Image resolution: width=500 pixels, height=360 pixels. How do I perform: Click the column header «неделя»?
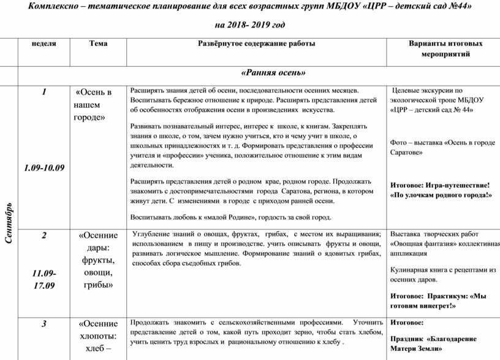[x=44, y=44]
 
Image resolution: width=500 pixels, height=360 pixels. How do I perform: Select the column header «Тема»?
[x=98, y=44]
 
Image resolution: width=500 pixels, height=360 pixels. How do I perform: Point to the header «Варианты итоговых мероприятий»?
[x=445, y=48]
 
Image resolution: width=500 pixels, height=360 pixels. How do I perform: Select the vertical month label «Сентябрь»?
[x=9, y=221]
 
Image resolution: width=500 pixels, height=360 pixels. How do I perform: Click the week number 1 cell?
[x=44, y=93]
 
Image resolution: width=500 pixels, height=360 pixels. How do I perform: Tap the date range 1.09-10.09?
[x=44, y=167]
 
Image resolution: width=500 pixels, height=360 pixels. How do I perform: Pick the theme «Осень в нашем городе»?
[x=93, y=105]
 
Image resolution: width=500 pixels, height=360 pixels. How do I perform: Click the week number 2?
[x=44, y=236]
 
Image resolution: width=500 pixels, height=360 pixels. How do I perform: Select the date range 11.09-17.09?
[x=44, y=278]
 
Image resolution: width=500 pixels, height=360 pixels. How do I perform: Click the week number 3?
[x=44, y=324]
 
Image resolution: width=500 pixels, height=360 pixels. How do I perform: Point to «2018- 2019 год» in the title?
[x=250, y=25]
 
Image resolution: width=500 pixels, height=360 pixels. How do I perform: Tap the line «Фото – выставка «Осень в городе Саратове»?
[x=442, y=147]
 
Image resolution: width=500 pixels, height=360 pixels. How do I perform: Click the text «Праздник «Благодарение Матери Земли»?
[x=435, y=342]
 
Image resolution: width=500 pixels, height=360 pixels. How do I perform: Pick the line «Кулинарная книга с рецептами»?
[x=442, y=269]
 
